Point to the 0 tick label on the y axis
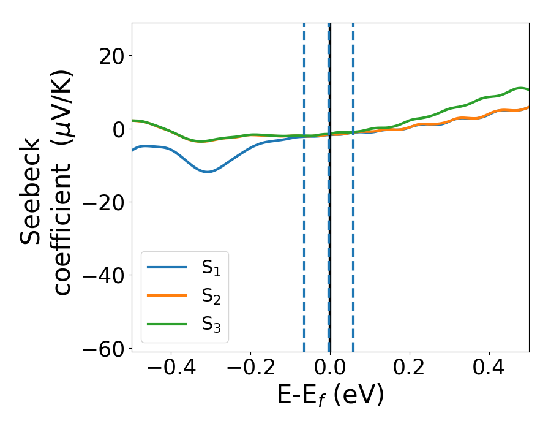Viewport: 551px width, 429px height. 118,129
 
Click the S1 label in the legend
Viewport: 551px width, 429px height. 212,268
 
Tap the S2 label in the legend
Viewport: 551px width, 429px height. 212,297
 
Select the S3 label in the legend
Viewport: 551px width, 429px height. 212,324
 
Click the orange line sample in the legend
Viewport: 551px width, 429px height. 167,296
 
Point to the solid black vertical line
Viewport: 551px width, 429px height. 330,245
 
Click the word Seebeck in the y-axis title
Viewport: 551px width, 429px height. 31,191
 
